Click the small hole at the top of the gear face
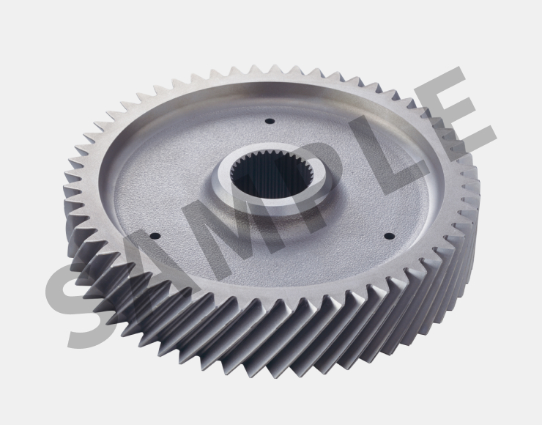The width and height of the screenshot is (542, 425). tap(270, 122)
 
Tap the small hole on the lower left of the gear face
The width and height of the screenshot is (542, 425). tap(155, 237)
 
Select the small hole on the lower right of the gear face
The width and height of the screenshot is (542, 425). tap(390, 236)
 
